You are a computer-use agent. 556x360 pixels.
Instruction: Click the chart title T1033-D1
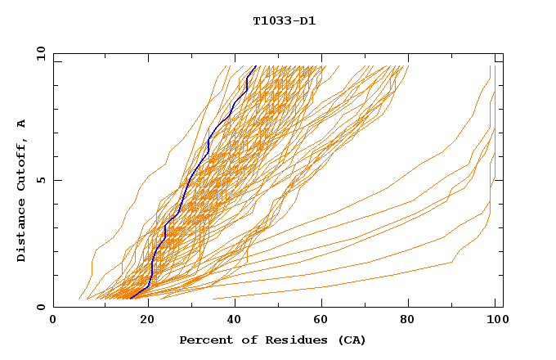[284, 20]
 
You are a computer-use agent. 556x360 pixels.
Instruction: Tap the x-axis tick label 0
[53, 320]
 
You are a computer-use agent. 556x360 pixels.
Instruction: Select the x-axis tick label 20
[148, 320]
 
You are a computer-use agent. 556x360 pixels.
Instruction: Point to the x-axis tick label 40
[235, 320]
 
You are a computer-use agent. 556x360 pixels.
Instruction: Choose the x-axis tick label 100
[497, 320]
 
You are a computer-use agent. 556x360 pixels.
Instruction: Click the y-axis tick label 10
[39, 54]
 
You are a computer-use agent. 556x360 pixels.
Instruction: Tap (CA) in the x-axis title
[349, 340]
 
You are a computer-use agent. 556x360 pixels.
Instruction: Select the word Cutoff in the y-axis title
[22, 160]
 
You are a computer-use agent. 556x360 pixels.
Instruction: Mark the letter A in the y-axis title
[22, 124]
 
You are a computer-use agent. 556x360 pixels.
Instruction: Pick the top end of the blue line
[256, 66]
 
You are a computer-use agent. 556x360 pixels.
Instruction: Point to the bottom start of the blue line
[131, 299]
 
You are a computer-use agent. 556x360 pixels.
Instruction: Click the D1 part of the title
[307, 20]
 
